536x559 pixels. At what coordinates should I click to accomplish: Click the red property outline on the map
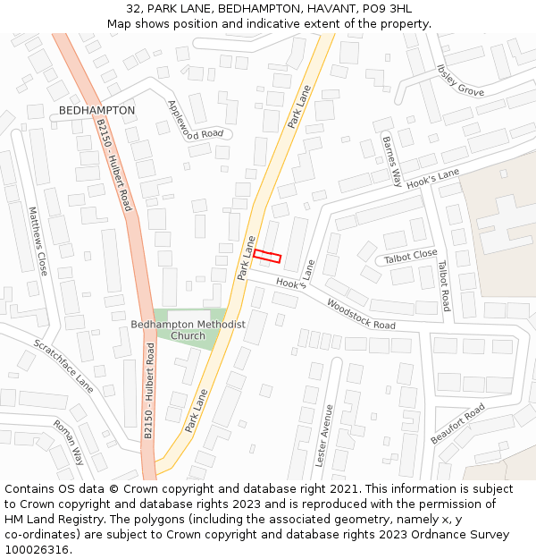267,256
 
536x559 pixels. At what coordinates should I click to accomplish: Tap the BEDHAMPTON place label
96,110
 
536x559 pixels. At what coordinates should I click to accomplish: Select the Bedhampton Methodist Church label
188,330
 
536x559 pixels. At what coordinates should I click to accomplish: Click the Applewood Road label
196,120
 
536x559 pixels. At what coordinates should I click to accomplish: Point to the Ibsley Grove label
461,80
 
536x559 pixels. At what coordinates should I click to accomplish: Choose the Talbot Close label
411,257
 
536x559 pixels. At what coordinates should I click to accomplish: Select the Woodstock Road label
361,314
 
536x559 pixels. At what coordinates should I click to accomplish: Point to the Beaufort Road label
457,424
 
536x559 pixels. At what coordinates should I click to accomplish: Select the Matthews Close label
38,241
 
